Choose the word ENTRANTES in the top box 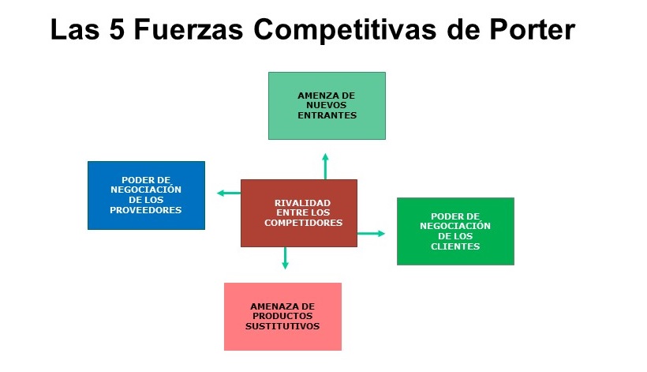point(327,115)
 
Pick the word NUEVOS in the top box point(326,105)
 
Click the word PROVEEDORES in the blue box point(146,210)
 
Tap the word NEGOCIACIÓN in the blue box point(146,190)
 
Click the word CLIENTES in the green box point(455,246)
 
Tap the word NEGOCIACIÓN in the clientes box point(455,226)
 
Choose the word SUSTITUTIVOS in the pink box point(282,325)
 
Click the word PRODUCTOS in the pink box point(282,316)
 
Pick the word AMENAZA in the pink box point(282,306)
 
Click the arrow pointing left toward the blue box point(228,193)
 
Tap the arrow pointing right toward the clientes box point(372,234)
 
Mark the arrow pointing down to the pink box point(285,258)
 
